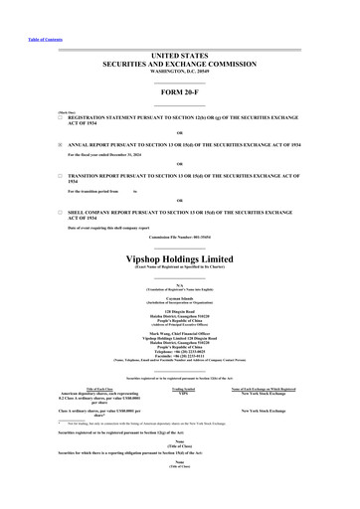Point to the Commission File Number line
click(x=179, y=238)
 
